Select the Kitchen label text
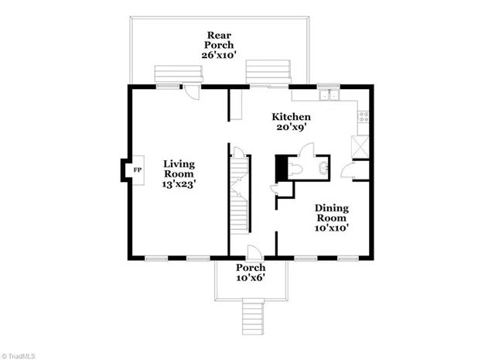tap(291, 117)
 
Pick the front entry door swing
tap(253, 252)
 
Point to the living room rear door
tap(189, 93)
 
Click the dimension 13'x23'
tap(179, 186)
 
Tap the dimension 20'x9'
tap(291, 129)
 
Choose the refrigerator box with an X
tap(360, 146)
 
